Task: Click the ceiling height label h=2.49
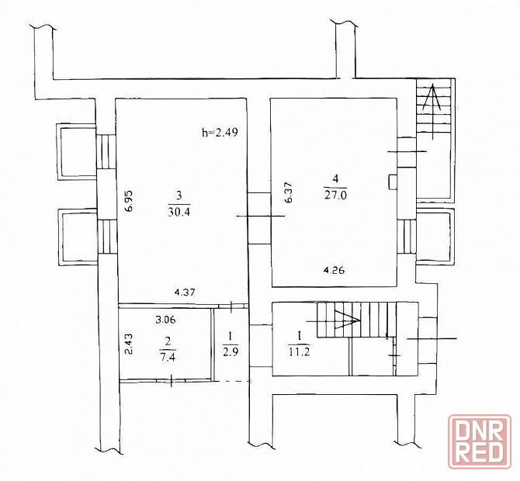(x=220, y=133)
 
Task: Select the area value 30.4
(x=179, y=212)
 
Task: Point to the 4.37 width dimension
(x=185, y=292)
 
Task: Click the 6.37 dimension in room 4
(x=287, y=192)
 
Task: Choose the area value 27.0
(x=335, y=195)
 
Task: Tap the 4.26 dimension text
(x=334, y=270)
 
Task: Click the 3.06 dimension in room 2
(x=165, y=320)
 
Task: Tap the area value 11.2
(x=299, y=352)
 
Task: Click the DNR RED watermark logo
(x=480, y=441)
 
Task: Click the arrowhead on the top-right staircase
(x=432, y=98)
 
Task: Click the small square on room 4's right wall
(x=393, y=182)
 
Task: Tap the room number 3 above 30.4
(x=179, y=196)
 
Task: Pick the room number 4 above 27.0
(x=335, y=179)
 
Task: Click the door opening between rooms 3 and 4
(x=259, y=219)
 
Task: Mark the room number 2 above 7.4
(x=168, y=341)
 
